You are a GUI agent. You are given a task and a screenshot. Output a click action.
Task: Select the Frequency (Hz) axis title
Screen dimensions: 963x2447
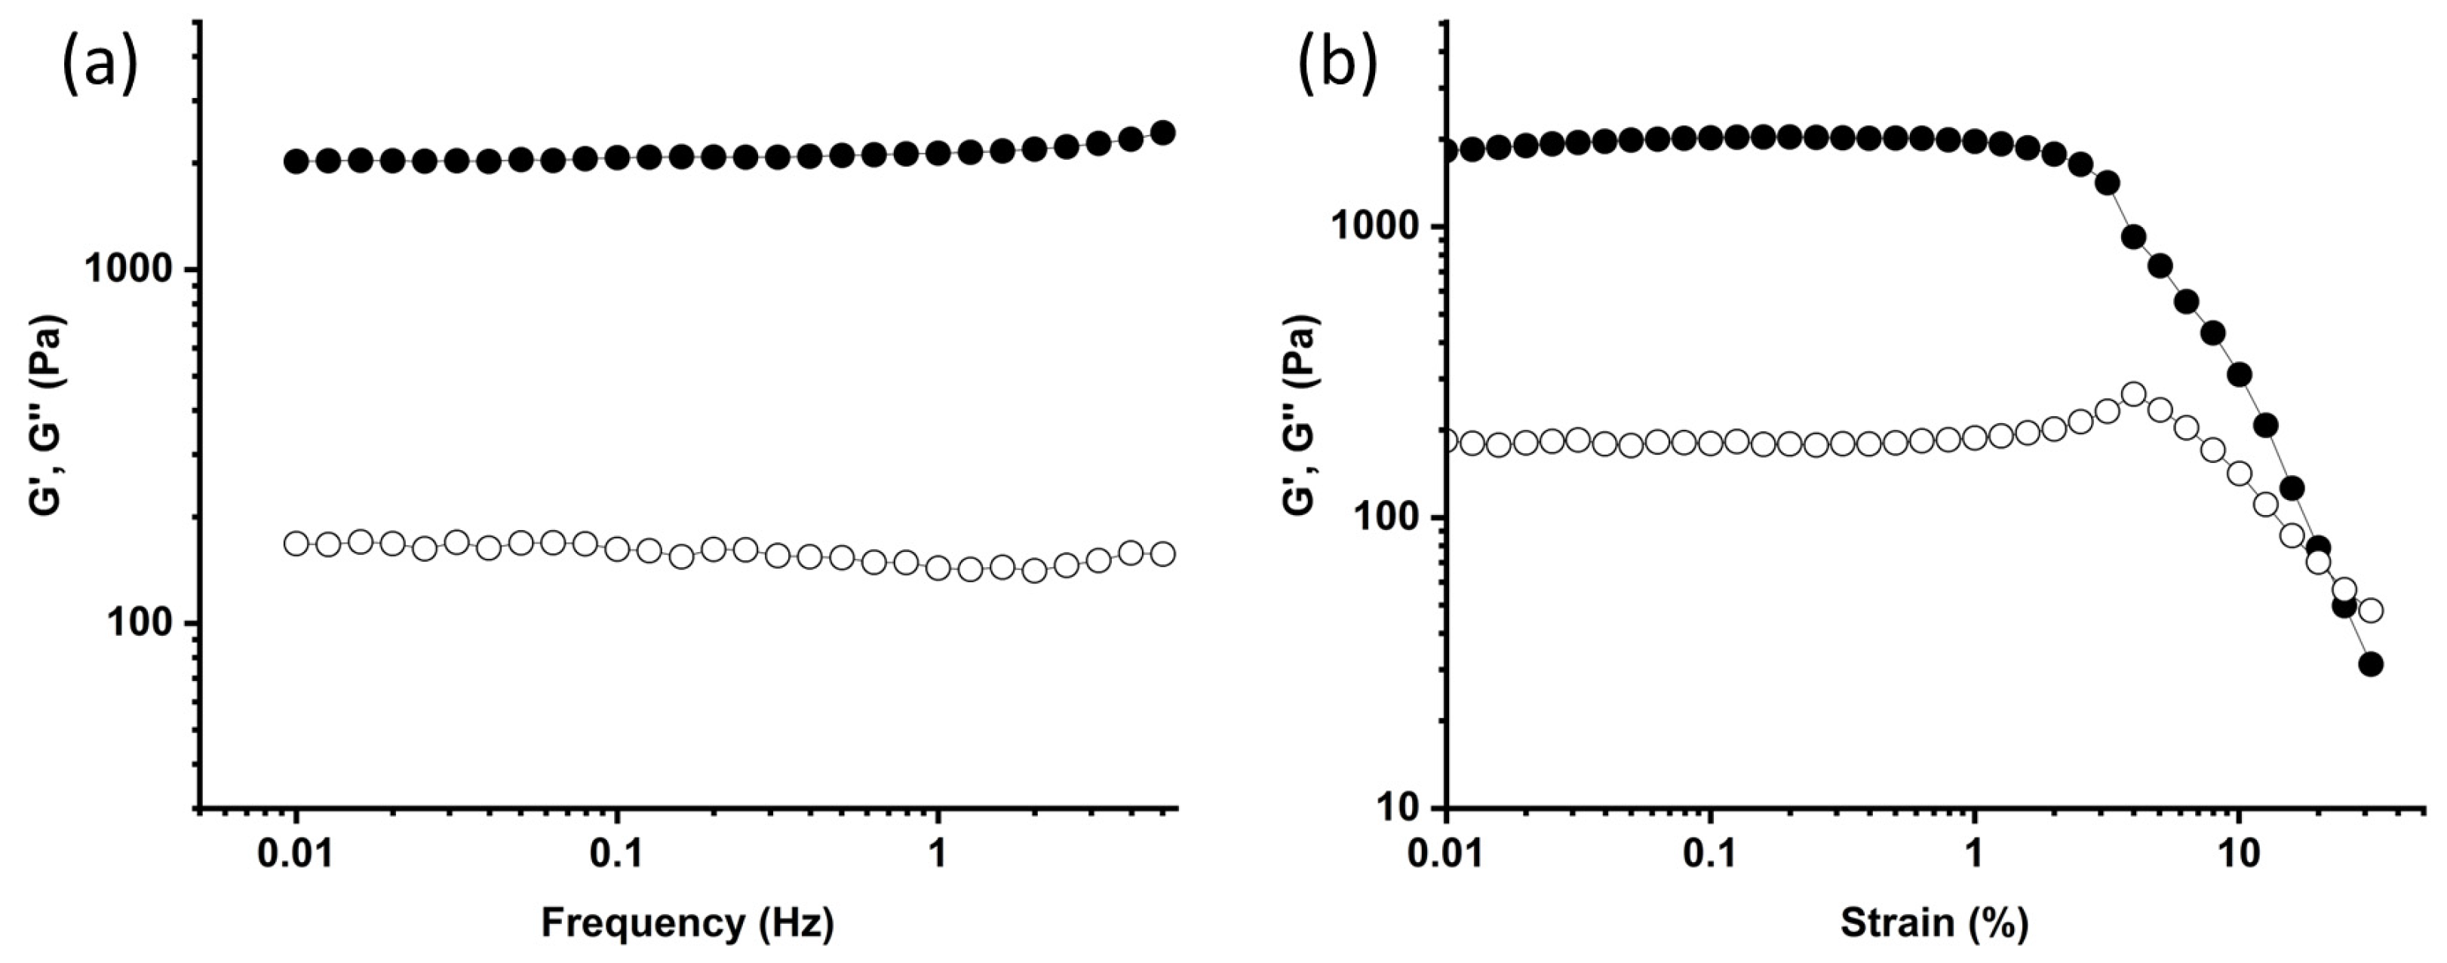688,923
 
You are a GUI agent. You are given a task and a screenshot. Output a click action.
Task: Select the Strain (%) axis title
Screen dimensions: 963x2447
1934,923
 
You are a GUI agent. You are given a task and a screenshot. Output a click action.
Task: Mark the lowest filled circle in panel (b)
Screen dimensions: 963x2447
2371,664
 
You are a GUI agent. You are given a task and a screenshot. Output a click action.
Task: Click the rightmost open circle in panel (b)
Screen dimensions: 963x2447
2371,610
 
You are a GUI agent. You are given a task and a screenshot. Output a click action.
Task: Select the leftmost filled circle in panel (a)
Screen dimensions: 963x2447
296,161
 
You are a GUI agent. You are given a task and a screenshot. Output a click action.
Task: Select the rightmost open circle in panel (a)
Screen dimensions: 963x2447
1162,554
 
